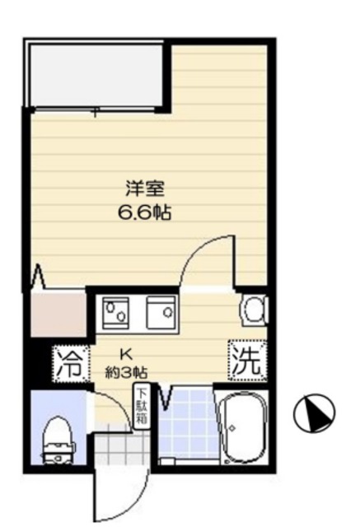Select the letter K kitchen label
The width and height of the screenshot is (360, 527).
tap(126, 355)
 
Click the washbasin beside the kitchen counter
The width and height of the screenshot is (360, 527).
tap(254, 310)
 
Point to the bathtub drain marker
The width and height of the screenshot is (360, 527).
tap(232, 428)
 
